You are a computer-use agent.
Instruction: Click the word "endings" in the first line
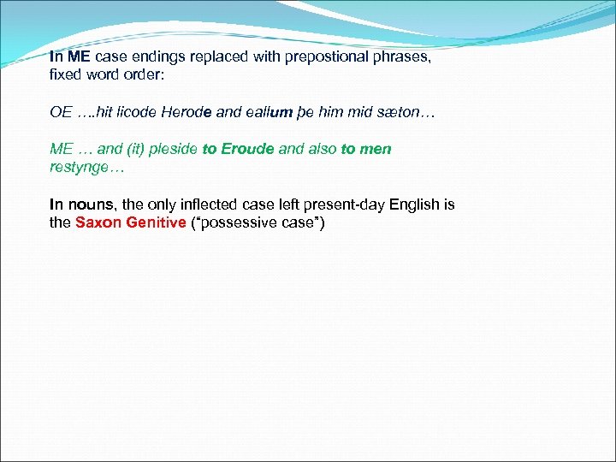pos(157,56)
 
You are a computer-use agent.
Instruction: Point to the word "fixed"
pos(66,75)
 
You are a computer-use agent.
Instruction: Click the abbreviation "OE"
pos(61,111)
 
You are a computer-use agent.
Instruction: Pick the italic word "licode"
pos(138,111)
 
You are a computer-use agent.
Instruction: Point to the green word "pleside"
pos(174,149)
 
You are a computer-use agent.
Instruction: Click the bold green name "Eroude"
pos(247,149)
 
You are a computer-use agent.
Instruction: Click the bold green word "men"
pos(376,149)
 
